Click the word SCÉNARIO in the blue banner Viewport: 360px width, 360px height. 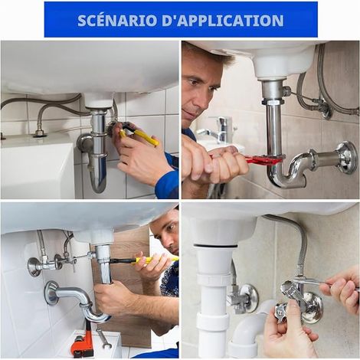118,20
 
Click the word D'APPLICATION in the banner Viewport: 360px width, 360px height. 223,21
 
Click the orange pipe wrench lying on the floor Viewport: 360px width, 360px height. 83,339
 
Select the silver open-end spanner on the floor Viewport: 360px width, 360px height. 103,339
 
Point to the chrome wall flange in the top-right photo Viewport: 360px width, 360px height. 346,158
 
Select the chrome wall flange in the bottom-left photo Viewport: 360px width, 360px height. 51,293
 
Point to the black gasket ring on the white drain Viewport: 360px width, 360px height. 215,246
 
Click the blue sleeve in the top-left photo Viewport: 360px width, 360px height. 167,178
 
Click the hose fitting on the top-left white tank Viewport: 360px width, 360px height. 40,133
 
